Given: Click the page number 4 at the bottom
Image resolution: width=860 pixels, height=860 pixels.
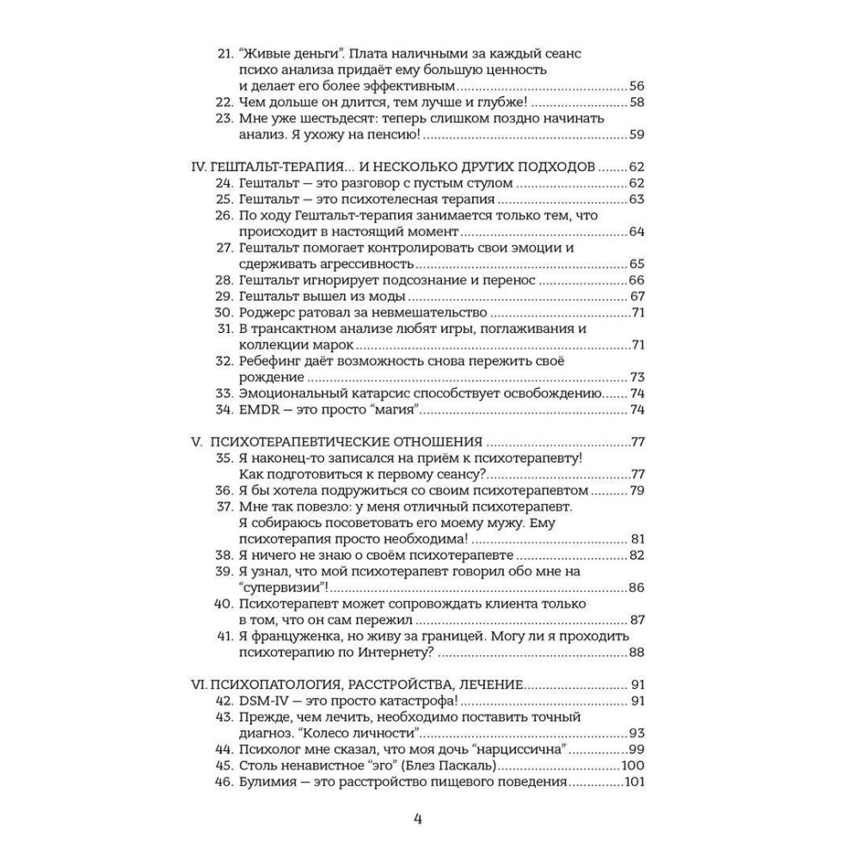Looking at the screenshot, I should pyautogui.click(x=418, y=818).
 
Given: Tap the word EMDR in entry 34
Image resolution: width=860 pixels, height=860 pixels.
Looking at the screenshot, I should pyautogui.click(x=256, y=408).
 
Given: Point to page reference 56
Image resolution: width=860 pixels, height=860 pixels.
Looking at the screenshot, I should pyautogui.click(x=637, y=87).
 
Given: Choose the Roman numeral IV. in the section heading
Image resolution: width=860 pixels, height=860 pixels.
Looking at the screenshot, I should pyautogui.click(x=198, y=167).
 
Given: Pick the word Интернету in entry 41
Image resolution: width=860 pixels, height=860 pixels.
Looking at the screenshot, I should pyautogui.click(x=367, y=653).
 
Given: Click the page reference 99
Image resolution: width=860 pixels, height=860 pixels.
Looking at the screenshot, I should pyautogui.click(x=637, y=750).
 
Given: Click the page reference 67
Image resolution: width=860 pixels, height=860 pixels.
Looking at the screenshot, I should pyautogui.click(x=637, y=296).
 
